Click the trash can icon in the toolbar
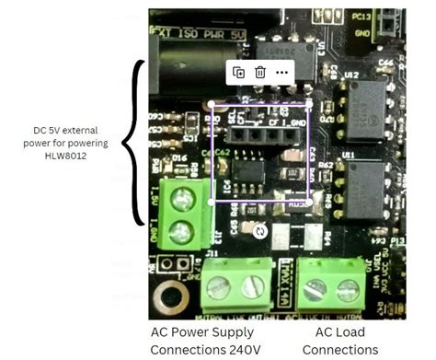(x=260, y=72)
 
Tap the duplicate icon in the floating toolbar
(x=238, y=72)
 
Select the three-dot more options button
(x=282, y=72)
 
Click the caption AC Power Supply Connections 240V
(x=205, y=341)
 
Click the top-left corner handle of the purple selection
(x=212, y=104)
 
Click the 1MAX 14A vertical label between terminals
(x=286, y=277)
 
